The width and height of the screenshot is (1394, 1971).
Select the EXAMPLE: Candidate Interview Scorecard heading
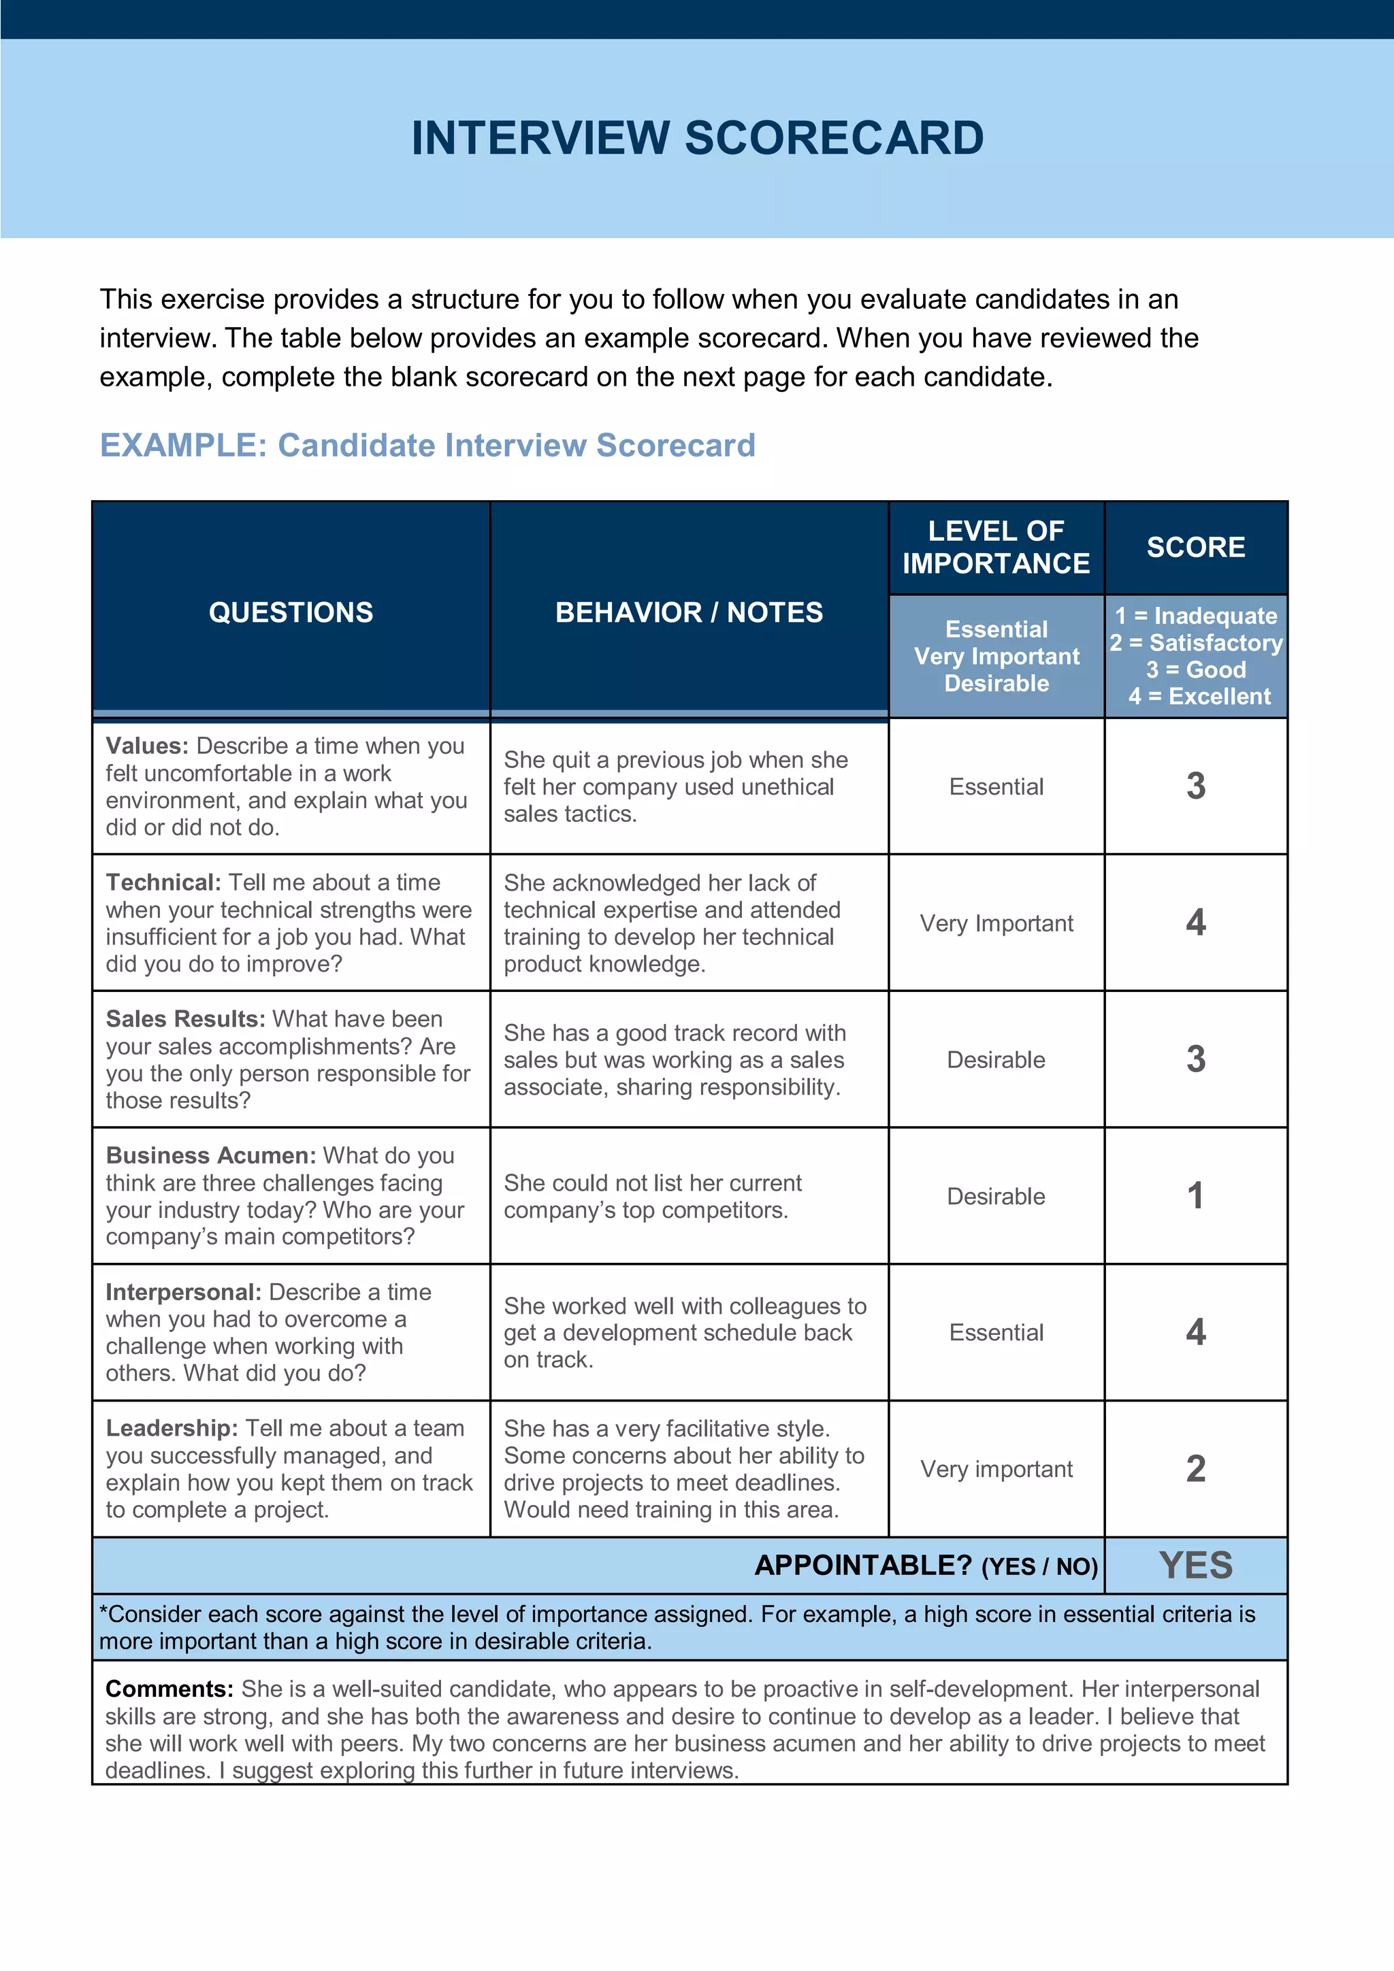(x=427, y=445)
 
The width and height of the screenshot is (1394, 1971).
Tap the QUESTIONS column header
(x=291, y=612)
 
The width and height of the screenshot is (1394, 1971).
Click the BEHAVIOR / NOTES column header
(x=688, y=612)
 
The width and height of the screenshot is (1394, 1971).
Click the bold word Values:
(x=147, y=746)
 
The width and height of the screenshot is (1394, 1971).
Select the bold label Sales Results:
(x=184, y=1019)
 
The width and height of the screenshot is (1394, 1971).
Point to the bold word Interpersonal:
(x=183, y=1292)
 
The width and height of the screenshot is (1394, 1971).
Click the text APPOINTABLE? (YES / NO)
(x=926, y=1565)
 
